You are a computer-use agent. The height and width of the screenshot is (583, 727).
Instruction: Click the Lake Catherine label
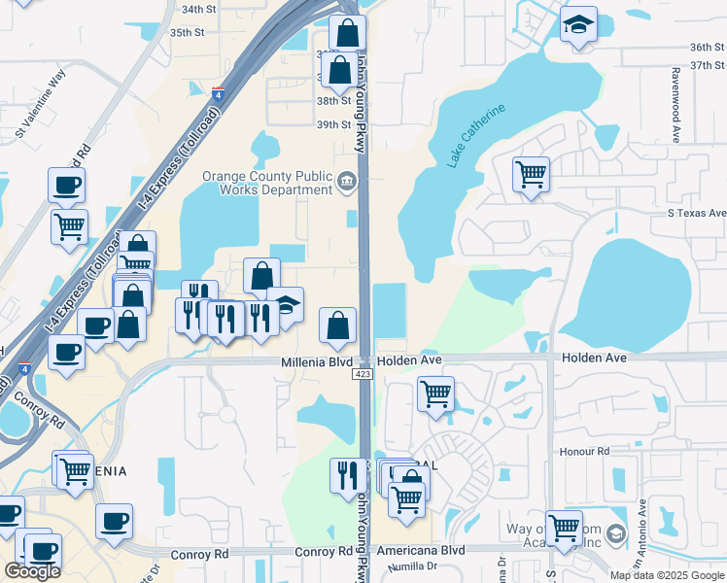click(x=476, y=137)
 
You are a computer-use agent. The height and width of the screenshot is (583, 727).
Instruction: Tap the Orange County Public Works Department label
click(x=266, y=184)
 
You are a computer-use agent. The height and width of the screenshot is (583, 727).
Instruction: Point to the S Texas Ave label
click(x=696, y=213)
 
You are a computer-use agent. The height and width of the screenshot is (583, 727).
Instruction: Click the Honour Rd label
click(x=584, y=452)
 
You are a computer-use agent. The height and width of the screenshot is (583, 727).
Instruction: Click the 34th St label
click(x=197, y=9)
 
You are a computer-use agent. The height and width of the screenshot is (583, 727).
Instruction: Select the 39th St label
click(x=332, y=124)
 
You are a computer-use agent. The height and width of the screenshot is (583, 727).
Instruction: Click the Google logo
click(x=32, y=571)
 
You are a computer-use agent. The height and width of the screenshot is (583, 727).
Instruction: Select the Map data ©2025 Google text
click(x=668, y=575)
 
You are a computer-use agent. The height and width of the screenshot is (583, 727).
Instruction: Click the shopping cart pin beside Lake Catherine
click(x=531, y=176)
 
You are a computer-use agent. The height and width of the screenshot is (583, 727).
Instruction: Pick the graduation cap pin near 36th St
click(x=578, y=26)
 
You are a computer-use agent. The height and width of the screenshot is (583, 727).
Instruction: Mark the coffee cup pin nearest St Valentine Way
click(x=66, y=185)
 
